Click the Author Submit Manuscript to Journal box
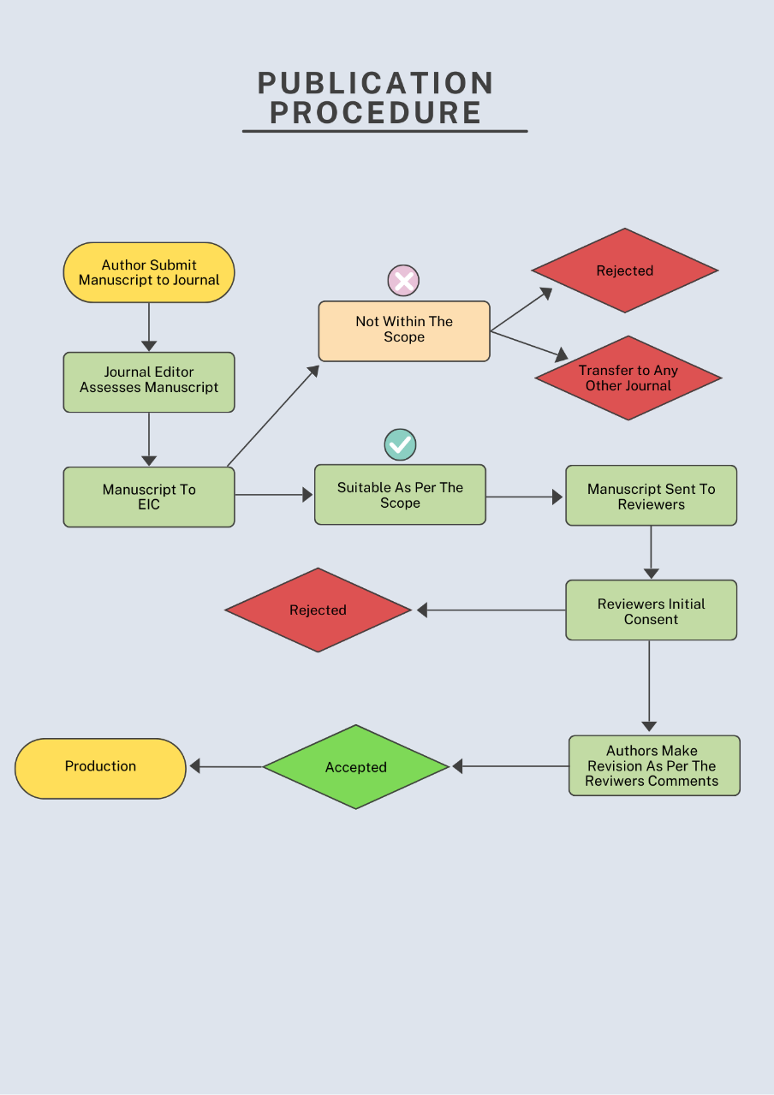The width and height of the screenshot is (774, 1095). click(x=149, y=272)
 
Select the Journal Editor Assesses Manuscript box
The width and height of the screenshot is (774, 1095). click(x=149, y=382)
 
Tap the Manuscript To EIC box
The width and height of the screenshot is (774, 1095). click(x=149, y=497)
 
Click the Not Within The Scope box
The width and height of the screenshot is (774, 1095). click(x=404, y=330)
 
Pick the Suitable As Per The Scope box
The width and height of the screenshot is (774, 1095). click(x=400, y=495)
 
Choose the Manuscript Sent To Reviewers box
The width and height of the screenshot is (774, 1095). click(x=651, y=496)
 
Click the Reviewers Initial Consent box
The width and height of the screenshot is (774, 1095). click(x=651, y=610)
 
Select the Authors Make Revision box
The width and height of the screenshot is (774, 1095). click(x=654, y=765)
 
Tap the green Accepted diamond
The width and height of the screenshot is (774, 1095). click(x=356, y=767)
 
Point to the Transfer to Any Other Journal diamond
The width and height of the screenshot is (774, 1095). click(x=628, y=378)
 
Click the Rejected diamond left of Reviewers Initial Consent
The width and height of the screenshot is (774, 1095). click(x=318, y=610)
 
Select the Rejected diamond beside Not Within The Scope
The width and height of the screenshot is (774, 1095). click(x=625, y=271)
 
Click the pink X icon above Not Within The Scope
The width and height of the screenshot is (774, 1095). click(x=403, y=280)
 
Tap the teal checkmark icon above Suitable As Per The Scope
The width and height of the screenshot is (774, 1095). click(x=400, y=445)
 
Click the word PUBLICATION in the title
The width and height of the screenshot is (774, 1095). click(x=376, y=83)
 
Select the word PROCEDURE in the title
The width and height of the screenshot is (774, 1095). click(x=376, y=113)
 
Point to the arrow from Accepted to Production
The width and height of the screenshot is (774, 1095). click(x=227, y=767)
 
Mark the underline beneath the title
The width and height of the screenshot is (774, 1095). click(x=384, y=132)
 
